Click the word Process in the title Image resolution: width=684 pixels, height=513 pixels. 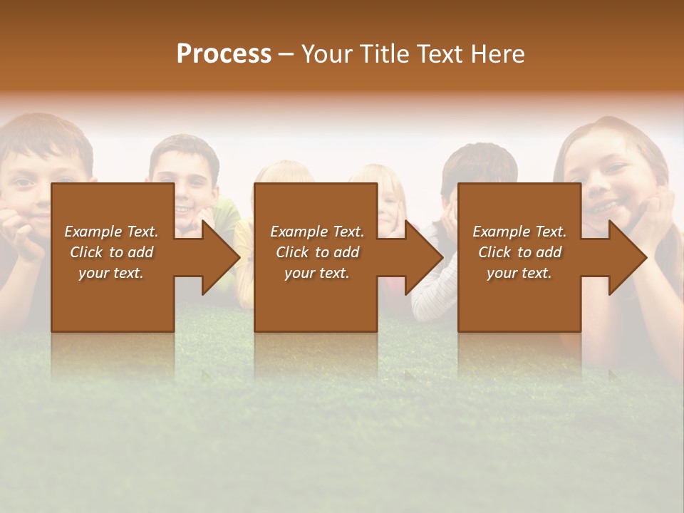coord(224,54)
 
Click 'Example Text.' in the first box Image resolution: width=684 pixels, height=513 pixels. coord(111,232)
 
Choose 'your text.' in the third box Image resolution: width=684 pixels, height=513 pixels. coord(519,273)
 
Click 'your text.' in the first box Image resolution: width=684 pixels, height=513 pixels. coord(111,273)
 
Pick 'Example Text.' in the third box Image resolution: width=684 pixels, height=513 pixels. coord(519,232)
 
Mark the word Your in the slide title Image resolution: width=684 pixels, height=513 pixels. coord(328,54)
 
